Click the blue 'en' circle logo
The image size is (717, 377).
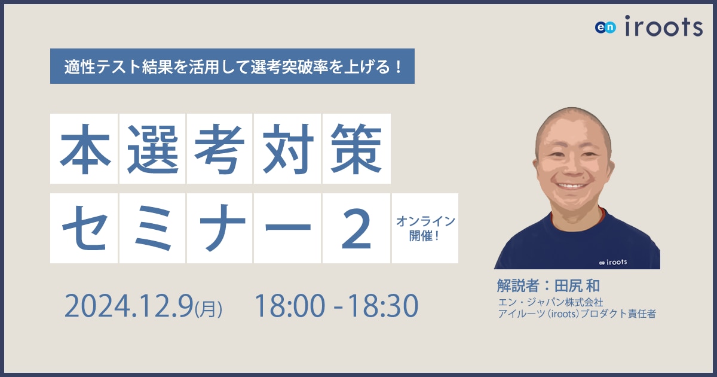pos(605,28)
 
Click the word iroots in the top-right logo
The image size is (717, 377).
pos(664,26)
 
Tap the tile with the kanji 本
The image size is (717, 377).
pos(84,149)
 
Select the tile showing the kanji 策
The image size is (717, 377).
pos(357,149)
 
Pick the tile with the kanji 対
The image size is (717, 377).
pos(287,149)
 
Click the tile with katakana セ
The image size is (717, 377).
pos(84,228)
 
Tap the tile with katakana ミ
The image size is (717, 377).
pos(152,228)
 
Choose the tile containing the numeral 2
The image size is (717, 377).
pos(356,228)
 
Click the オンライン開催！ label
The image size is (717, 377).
pos(425,229)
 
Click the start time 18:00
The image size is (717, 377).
pos(290,306)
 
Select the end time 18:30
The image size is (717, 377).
pos(383,306)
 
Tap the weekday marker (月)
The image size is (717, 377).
pos(208,308)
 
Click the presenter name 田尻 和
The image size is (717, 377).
pos(577,285)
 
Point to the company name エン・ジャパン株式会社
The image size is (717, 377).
pos(550,302)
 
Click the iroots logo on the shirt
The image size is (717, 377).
pos(612,262)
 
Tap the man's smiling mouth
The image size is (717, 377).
pos(572,186)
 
